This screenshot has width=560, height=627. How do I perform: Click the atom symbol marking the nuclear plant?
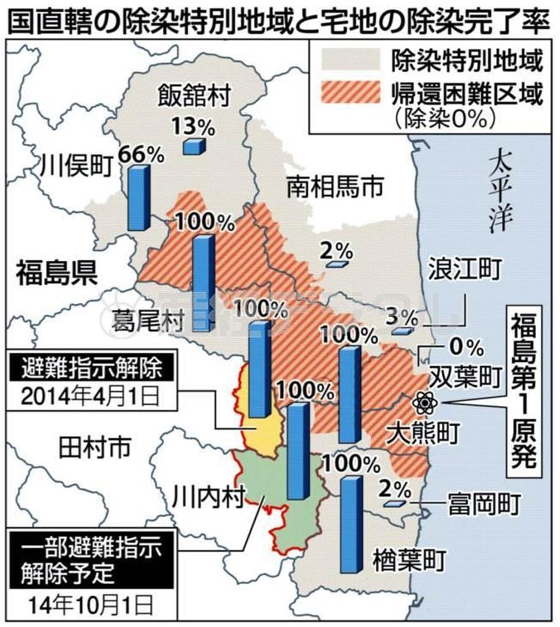(x=425, y=402)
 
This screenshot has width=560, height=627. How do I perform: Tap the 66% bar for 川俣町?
(x=138, y=198)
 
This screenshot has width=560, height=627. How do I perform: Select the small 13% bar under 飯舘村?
(x=194, y=146)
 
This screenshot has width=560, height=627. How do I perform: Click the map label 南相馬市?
(x=335, y=187)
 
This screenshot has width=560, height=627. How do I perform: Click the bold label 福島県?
(x=56, y=272)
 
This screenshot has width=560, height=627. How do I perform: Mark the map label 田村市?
(x=94, y=449)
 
